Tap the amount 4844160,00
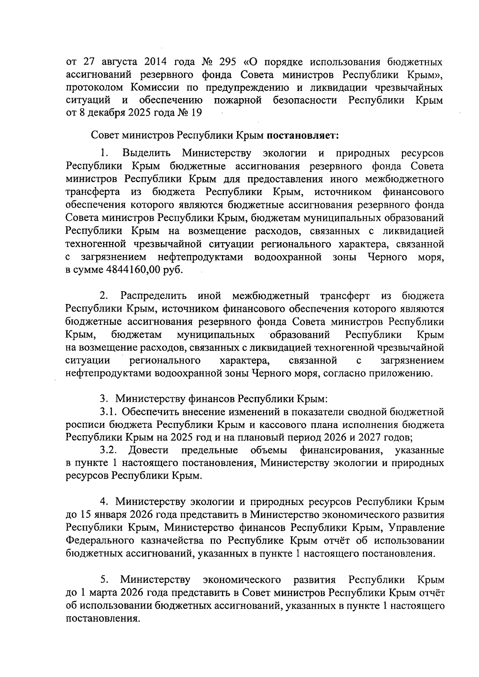point(134,270)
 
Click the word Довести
point(148,450)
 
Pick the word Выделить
point(147,153)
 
